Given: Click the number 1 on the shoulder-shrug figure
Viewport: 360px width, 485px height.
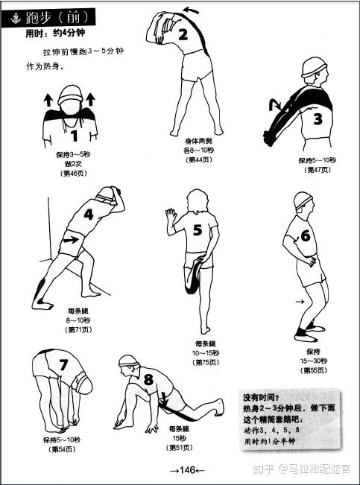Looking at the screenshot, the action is [x=74, y=136].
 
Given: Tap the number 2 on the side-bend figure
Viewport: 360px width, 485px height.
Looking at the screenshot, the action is [x=183, y=34].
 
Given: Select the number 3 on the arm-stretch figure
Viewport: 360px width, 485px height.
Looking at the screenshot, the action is [x=318, y=119].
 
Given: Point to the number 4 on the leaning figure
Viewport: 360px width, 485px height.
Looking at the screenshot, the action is [x=89, y=214].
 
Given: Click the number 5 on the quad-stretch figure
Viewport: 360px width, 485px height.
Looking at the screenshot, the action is [x=198, y=229].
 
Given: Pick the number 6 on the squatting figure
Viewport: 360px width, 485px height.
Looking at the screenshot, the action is [x=306, y=235].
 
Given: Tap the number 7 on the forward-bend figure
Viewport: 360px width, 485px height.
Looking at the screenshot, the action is [x=63, y=364].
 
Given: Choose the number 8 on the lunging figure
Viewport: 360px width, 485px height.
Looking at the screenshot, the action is [x=148, y=379].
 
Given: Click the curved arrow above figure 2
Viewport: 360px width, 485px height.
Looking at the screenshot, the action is [x=191, y=10].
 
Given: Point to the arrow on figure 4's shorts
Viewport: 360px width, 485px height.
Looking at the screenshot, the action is [x=71, y=239].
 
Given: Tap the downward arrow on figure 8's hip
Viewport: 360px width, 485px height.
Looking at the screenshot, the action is [x=164, y=399].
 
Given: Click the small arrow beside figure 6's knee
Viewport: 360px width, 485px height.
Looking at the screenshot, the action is [x=300, y=302].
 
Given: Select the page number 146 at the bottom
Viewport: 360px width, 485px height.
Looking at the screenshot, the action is [x=187, y=470].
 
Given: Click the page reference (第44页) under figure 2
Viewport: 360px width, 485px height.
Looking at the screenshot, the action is [x=199, y=160].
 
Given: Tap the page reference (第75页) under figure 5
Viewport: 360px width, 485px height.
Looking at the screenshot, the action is [x=205, y=362].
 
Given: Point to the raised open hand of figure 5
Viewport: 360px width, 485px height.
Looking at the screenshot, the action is [x=171, y=215].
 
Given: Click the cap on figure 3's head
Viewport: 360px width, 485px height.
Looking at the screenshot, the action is [x=314, y=68].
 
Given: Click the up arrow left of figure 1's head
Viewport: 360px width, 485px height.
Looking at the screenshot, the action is [x=48, y=101].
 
